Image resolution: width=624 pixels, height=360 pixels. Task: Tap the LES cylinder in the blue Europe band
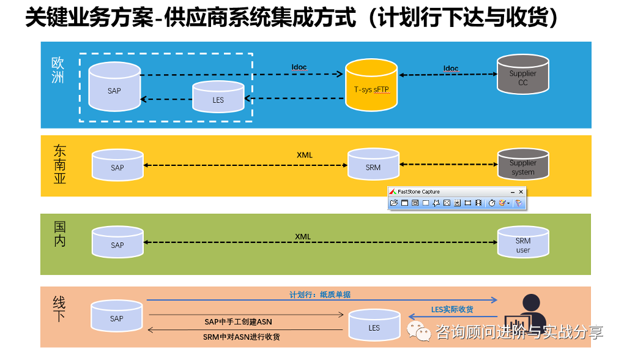(x=218, y=97)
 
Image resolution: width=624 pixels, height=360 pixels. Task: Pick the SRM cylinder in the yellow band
(x=373, y=165)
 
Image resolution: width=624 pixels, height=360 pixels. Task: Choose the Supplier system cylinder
(x=523, y=165)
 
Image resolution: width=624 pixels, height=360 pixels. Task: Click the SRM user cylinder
(x=523, y=243)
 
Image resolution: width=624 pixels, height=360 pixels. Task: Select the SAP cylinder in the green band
(x=117, y=243)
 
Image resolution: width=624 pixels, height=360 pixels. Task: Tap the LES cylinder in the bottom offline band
(x=374, y=326)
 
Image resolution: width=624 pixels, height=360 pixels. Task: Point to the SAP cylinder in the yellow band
(x=117, y=165)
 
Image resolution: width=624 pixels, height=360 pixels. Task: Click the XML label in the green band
(x=303, y=236)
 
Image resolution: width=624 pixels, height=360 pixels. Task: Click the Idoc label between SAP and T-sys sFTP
(x=299, y=67)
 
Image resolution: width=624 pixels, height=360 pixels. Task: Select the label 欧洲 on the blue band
(x=58, y=70)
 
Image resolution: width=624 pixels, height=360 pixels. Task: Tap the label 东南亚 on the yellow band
(x=60, y=165)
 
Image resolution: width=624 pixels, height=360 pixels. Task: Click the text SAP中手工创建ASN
(x=238, y=321)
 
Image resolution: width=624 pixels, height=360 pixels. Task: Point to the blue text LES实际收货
(x=453, y=309)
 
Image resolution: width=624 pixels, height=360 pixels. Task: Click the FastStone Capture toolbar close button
(x=521, y=192)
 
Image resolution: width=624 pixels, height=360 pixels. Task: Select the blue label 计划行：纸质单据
(x=320, y=294)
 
